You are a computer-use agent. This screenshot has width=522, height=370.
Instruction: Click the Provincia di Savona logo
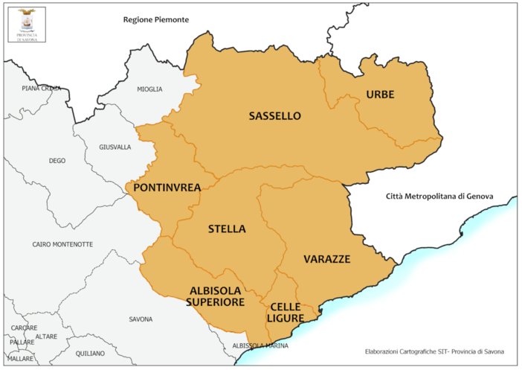point(26,24)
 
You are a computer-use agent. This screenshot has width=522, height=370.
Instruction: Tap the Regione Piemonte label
point(156,19)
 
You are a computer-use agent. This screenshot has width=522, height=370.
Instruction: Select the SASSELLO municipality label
point(274,116)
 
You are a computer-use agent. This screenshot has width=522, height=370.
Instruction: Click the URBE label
point(379,95)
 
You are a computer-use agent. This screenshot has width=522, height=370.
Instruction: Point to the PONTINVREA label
point(167,188)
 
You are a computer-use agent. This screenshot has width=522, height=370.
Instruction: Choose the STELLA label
point(227,229)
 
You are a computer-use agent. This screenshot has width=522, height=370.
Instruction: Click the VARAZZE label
point(326,259)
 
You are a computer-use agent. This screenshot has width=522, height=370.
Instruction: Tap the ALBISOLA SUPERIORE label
point(215,296)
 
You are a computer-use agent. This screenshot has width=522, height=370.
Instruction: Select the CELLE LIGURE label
point(286,313)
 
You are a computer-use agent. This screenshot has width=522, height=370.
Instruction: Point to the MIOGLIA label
point(149,89)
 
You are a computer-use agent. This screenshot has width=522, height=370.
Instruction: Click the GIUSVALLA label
point(115,147)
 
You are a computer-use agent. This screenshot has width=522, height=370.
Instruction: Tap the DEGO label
point(57,161)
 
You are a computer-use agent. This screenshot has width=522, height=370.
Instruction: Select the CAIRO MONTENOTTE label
point(62,244)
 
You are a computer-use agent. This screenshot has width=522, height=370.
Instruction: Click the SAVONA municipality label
point(141,319)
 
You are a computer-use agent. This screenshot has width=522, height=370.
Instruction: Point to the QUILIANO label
point(90,354)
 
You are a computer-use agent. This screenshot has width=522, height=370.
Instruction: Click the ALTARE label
point(46,336)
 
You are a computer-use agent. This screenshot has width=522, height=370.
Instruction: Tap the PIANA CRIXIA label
point(42,89)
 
